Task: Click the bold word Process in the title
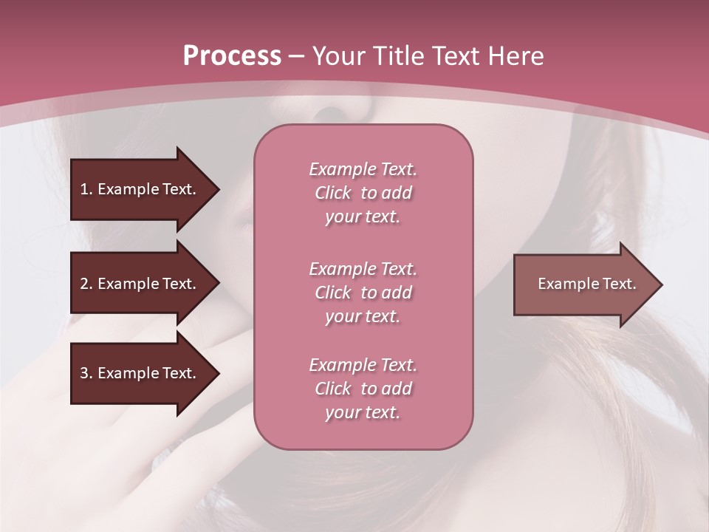point(232,56)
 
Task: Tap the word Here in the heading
point(516,56)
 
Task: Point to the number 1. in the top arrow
point(86,189)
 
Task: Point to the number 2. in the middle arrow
point(86,284)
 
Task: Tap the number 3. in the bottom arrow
point(86,373)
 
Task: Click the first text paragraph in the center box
point(363,193)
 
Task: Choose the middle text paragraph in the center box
point(363,293)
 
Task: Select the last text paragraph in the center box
point(363,389)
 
